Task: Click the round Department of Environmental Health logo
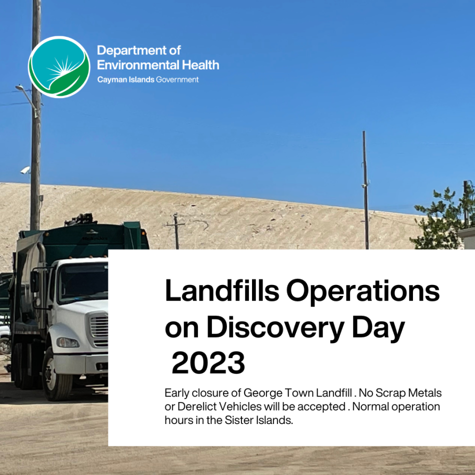[59, 67]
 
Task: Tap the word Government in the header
[177, 79]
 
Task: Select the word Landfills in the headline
[221, 290]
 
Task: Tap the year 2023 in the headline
[208, 363]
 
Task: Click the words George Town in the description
[278, 393]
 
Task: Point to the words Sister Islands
[258, 420]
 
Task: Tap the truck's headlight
[68, 342]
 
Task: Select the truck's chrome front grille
[99, 329]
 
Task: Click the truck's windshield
[83, 282]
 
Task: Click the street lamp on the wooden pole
[20, 88]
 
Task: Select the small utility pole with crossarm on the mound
[176, 231]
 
